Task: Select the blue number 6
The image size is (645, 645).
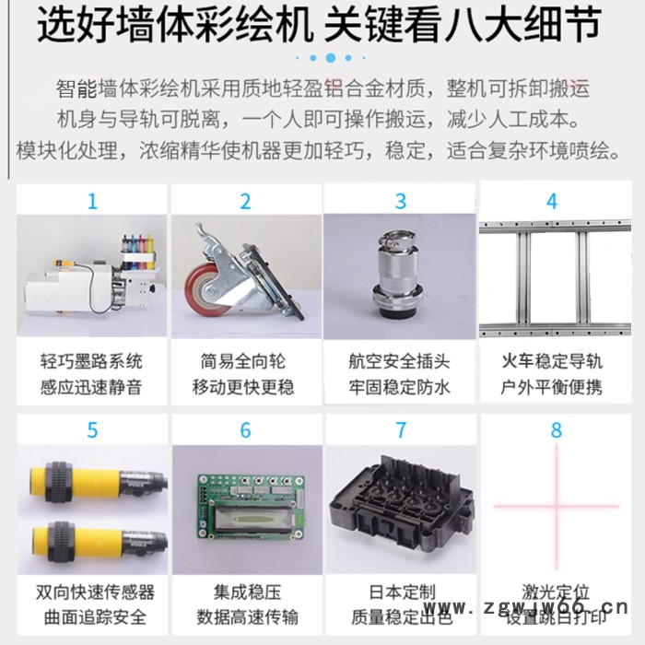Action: pos(245,430)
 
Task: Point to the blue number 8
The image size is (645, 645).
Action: pos(555,430)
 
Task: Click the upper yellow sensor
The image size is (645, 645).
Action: pos(92,482)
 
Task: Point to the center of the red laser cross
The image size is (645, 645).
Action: pos(556,505)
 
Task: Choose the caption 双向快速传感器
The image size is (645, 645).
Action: pos(91,592)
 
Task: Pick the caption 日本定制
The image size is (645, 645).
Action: pos(400,592)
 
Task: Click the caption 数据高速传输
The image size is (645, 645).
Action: pos(244,616)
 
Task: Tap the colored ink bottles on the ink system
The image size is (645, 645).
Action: pos(137,244)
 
